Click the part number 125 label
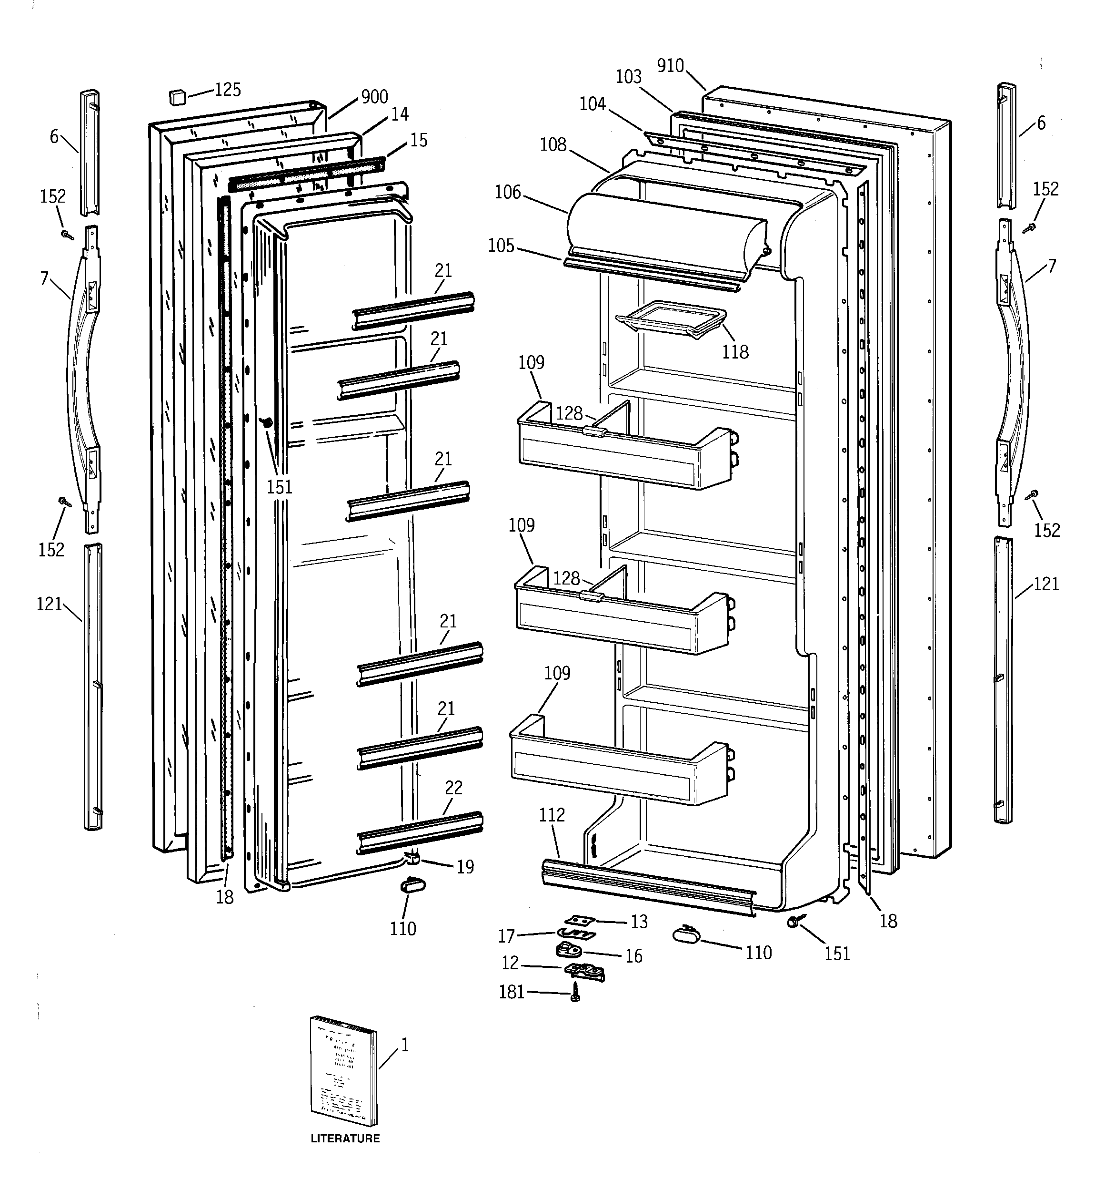(228, 90)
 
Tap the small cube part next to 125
(177, 97)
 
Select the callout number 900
(374, 97)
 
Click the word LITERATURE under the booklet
(345, 1139)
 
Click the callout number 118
(735, 352)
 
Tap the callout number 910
(670, 65)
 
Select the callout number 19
(465, 867)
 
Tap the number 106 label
(508, 192)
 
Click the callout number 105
(501, 246)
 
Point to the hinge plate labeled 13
(579, 920)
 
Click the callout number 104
(592, 104)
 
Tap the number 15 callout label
(419, 140)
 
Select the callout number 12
(510, 963)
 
